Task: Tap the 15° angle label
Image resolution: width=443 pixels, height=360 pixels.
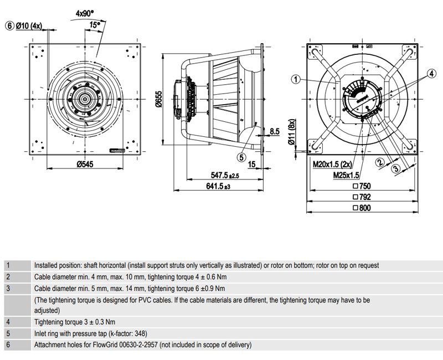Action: (x=95, y=24)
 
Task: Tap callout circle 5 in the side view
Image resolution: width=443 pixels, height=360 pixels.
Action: (x=241, y=157)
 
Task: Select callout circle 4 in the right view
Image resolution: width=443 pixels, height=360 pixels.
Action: (x=431, y=72)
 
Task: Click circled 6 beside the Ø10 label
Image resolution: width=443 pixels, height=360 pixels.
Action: (x=9, y=25)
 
